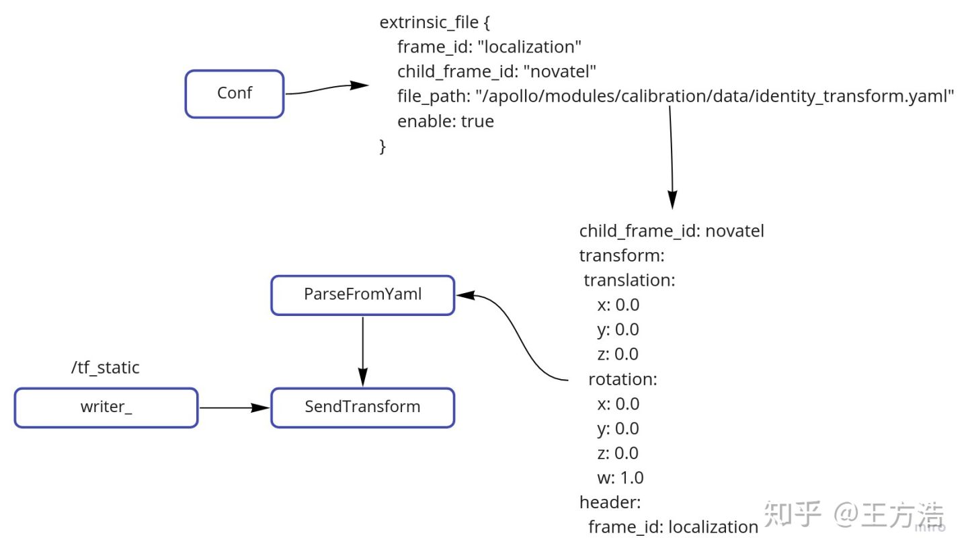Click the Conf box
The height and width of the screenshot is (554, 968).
pos(234,93)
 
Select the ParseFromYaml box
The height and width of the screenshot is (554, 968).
pos(362,295)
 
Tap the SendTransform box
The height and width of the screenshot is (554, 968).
pos(362,407)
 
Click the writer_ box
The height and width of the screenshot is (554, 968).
pos(106,407)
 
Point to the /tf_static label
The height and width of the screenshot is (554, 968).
pos(106,368)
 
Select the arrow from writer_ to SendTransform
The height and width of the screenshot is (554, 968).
pos(235,407)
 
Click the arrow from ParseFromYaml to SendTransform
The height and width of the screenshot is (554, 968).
pos(362,352)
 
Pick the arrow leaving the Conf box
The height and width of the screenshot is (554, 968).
pos(327,88)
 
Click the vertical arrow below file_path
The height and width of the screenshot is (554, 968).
pos(671,158)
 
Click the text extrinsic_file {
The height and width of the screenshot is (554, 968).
pos(435,22)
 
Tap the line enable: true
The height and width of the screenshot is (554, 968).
pos(446,122)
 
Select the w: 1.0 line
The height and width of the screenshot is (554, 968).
pos(620,477)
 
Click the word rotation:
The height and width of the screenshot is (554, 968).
pos(622,379)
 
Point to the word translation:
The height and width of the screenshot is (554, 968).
pos(629,280)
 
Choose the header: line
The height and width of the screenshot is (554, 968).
pos(610,502)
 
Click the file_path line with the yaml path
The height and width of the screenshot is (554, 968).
pos(676,96)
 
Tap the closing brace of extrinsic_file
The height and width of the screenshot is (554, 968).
pos(382,147)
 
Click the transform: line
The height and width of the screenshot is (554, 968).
pos(622,256)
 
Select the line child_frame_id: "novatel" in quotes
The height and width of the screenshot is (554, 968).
pos(497,72)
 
